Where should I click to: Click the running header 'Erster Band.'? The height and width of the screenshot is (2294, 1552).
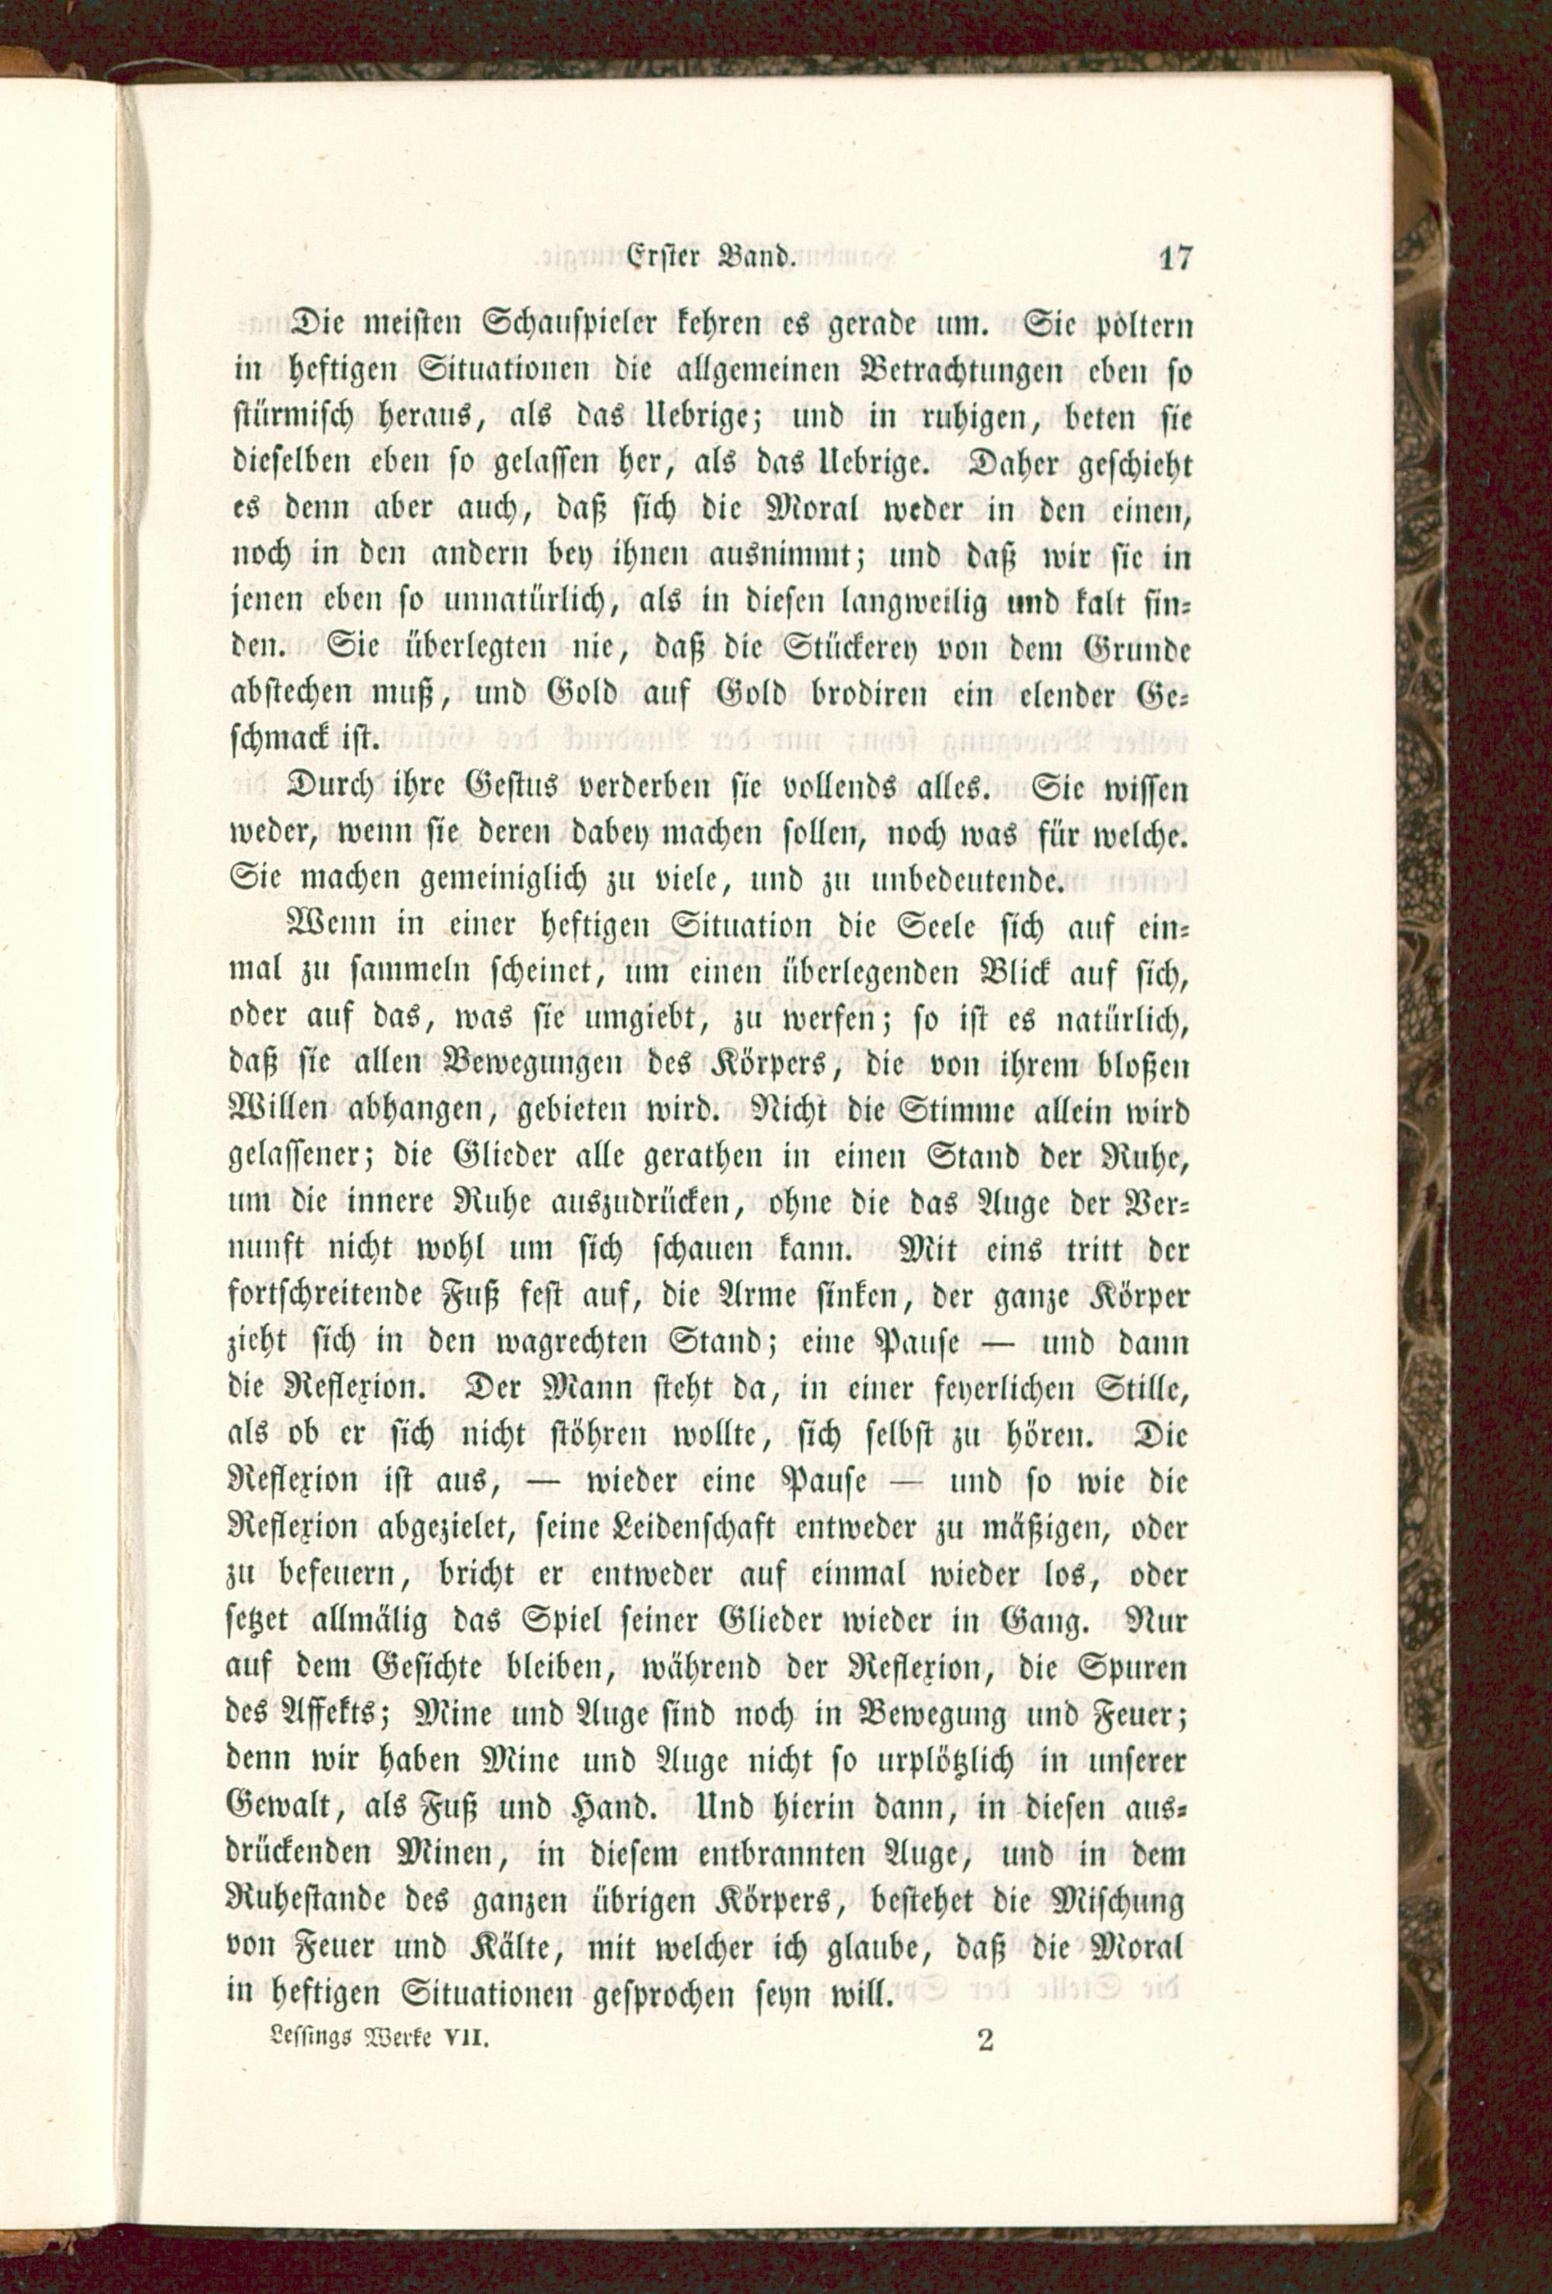point(710,258)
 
